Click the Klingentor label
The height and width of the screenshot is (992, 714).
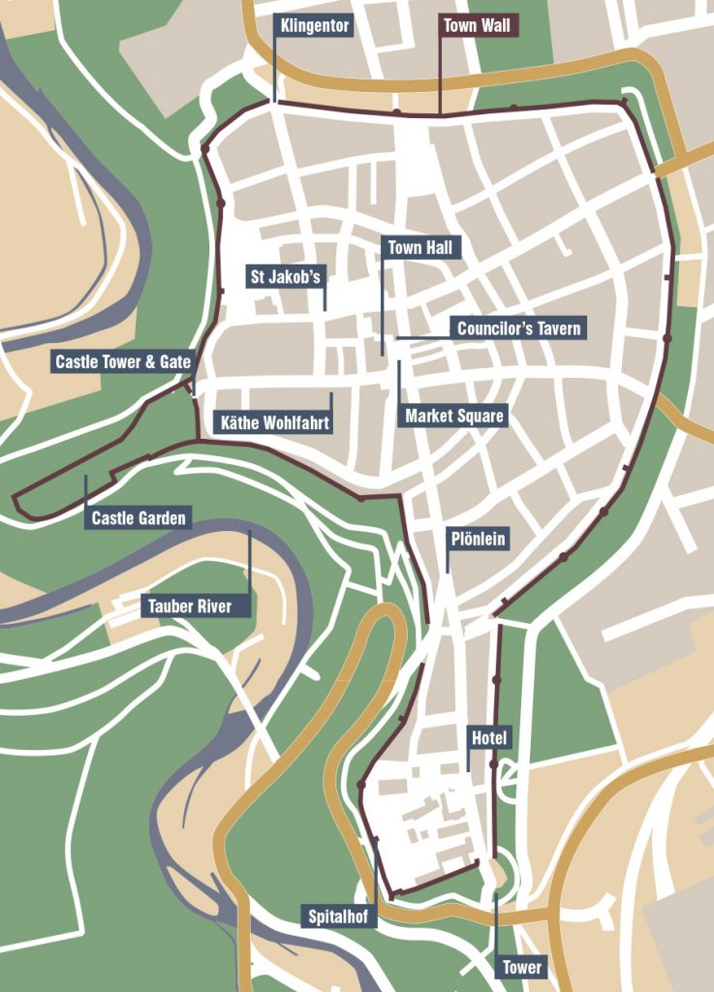point(314,25)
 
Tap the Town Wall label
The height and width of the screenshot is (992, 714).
point(477,25)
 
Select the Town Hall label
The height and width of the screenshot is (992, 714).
point(419,248)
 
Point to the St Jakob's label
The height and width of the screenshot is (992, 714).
point(285,277)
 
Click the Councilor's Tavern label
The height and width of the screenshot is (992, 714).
point(519,328)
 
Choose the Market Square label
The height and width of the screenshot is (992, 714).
point(454,417)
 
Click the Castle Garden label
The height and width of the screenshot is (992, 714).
point(139,518)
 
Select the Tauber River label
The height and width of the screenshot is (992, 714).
point(190,606)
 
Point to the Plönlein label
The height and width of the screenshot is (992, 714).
point(477,539)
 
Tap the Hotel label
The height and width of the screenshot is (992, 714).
point(489,738)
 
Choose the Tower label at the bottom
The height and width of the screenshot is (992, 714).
point(522,967)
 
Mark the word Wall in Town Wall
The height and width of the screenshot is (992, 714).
point(496,25)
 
